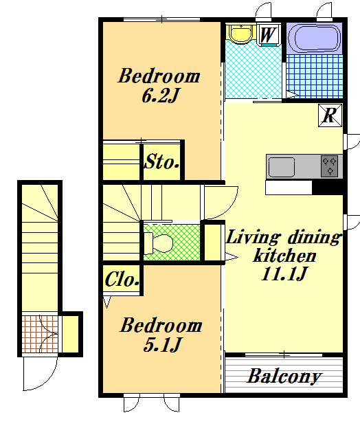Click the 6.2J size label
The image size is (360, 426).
160,96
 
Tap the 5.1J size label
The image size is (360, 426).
162,345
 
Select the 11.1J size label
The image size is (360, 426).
284,273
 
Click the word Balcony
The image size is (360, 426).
284,377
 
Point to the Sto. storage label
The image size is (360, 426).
161,161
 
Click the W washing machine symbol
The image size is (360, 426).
269,35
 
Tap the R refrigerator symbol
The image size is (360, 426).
330,115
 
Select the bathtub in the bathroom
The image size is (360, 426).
314,38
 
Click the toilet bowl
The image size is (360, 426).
159,243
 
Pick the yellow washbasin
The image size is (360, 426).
240,33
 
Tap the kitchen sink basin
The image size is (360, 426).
282,167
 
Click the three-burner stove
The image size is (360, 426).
329,166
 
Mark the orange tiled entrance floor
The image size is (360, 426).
40,334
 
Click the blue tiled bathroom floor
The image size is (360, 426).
315,76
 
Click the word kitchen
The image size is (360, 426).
284,256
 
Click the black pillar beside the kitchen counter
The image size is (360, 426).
328,188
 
